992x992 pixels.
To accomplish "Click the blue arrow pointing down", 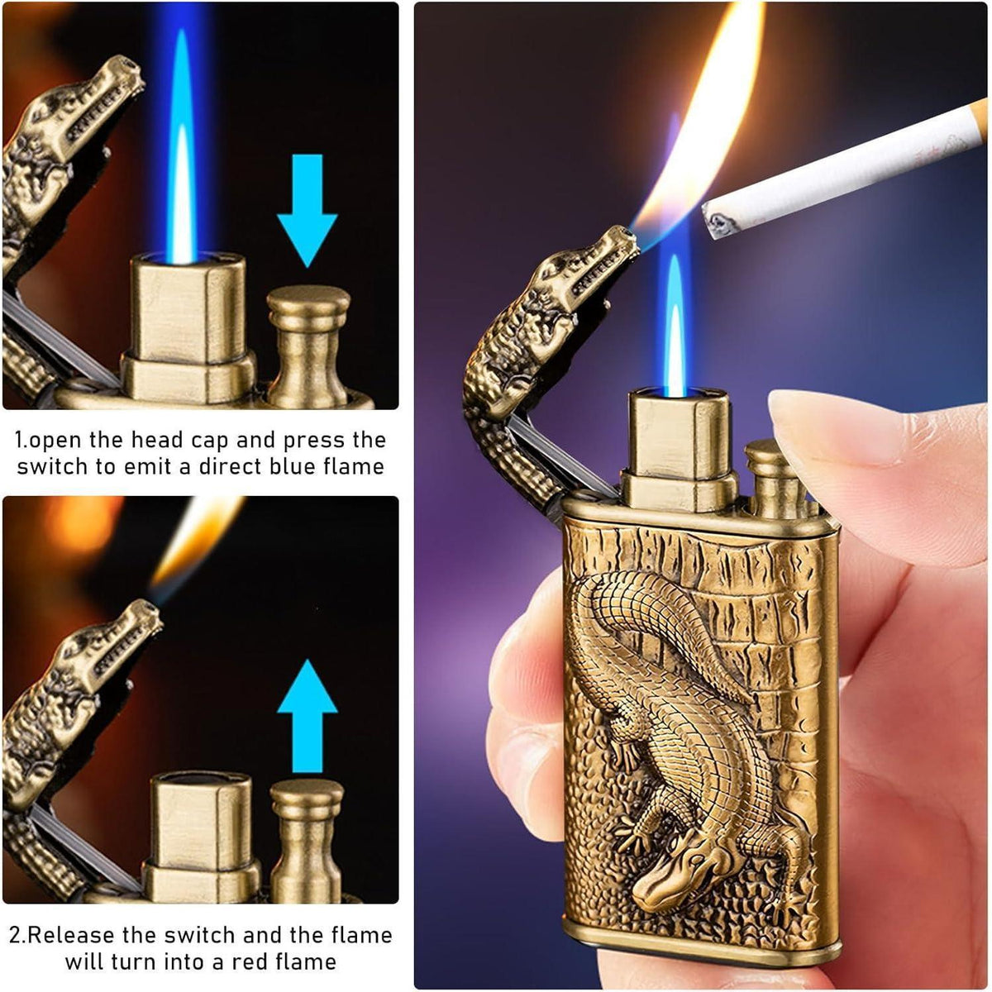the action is click(x=308, y=210).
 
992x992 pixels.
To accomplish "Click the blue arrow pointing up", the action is click(x=308, y=715).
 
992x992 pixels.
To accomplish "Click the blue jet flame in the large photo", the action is click(x=675, y=330).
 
